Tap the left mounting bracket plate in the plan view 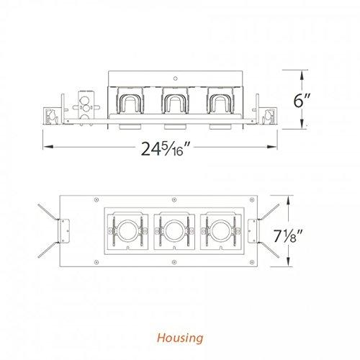click(64, 230)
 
